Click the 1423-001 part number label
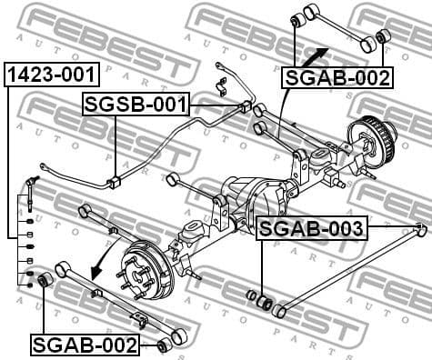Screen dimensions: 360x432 pos(51,75)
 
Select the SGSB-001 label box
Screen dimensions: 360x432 pos(136,105)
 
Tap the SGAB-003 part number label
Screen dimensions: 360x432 pos(312,227)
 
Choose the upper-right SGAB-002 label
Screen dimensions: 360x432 pos(337,77)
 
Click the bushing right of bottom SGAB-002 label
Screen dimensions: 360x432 pos(163,345)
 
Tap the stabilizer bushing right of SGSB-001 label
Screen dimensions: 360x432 pos(245,107)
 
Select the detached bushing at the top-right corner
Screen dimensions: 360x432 pos(382,35)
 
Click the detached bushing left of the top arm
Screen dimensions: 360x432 pos(296,19)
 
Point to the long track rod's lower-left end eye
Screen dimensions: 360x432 pos(281,312)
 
